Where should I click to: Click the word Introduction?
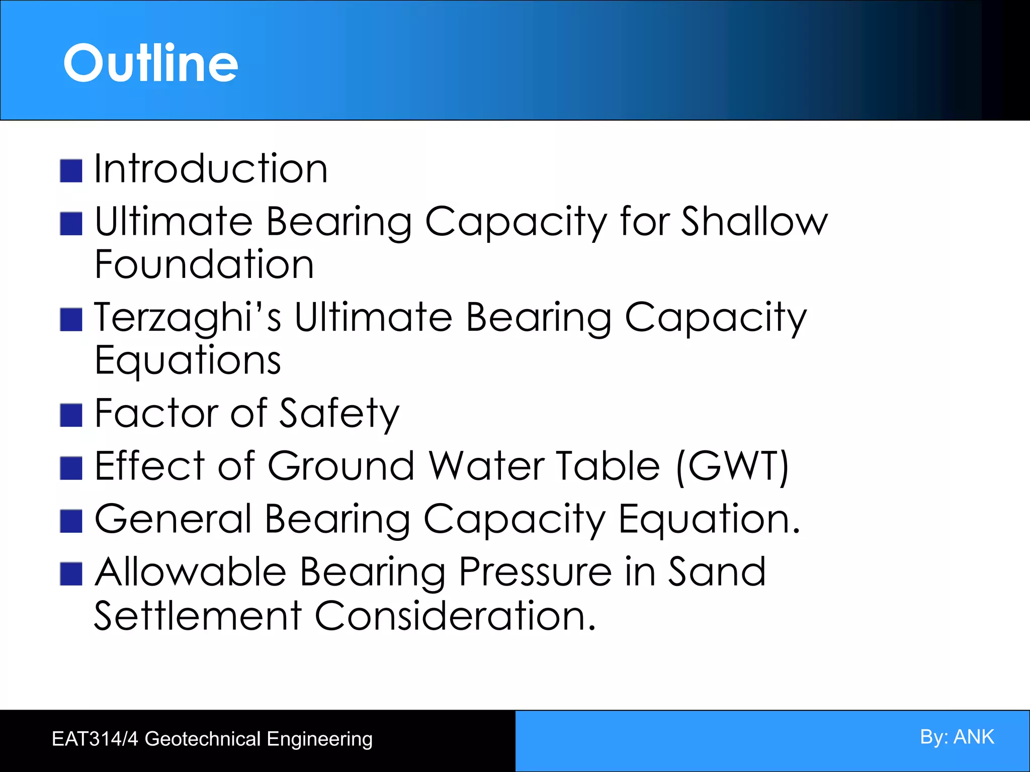pyautogui.click(x=211, y=168)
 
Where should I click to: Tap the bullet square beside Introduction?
pyautogui.click(x=71, y=171)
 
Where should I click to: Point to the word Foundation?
pyautogui.click(x=204, y=264)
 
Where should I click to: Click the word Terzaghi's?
pyautogui.click(x=187, y=318)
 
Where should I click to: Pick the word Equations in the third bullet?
pyautogui.click(x=188, y=361)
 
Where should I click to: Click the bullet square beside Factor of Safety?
pyautogui.click(x=71, y=416)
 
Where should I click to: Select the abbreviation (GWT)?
pyautogui.click(x=732, y=466)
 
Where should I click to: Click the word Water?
pyautogui.click(x=487, y=466)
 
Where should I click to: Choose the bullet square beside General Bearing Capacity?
pyautogui.click(x=71, y=521)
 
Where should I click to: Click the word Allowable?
pyautogui.click(x=191, y=572)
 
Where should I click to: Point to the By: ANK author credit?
pyautogui.click(x=957, y=737)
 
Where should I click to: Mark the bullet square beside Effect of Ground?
pyautogui.click(x=71, y=468)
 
